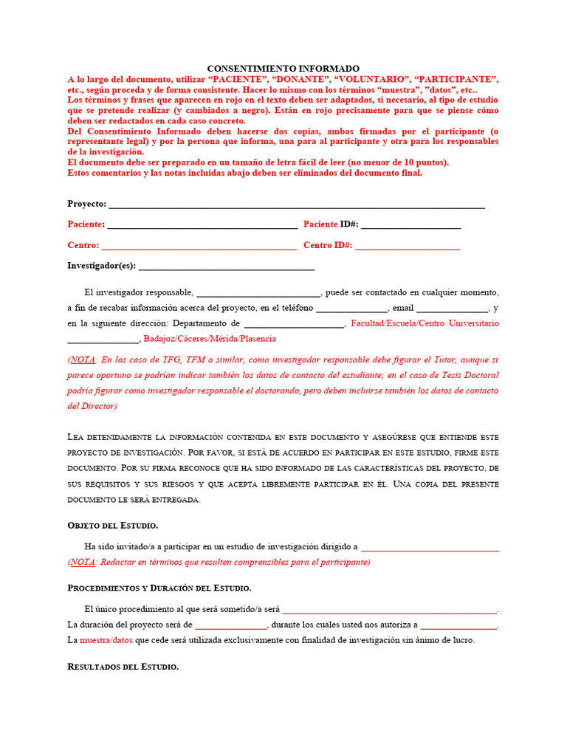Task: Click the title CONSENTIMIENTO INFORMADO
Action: (283, 68)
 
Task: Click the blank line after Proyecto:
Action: (296, 205)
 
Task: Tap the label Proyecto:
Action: (86, 204)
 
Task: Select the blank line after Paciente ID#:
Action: (410, 224)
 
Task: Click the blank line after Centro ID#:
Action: (408, 245)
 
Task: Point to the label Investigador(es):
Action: (101, 266)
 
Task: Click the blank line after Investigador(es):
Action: (226, 267)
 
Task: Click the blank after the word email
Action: (452, 309)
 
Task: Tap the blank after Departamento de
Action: (294, 324)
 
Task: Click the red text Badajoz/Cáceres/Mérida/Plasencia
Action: (210, 339)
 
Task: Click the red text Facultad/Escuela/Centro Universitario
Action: (425, 323)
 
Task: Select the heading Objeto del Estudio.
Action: (112, 526)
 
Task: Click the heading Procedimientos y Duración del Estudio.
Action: (159, 588)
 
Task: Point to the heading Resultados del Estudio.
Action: (123, 667)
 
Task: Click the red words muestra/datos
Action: (106, 640)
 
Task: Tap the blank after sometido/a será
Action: (390, 611)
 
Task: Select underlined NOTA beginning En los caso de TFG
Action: (82, 360)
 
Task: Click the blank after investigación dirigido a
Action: (430, 548)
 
